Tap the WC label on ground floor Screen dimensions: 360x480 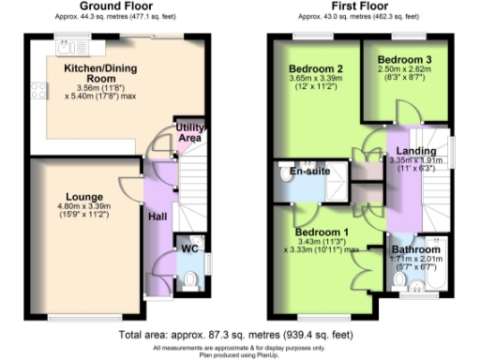click(x=188, y=249)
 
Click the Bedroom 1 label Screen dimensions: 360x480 click(x=322, y=232)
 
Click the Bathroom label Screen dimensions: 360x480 click(x=415, y=249)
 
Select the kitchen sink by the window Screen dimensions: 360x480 click(x=68, y=46)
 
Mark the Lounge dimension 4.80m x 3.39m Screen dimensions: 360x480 click(x=84, y=207)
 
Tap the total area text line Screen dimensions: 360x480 click(x=240, y=334)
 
